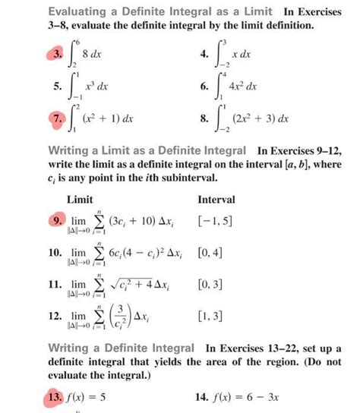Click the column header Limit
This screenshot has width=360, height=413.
pyautogui.click(x=80, y=200)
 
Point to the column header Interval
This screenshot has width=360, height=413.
pyautogui.click(x=216, y=200)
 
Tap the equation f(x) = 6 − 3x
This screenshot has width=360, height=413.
pyautogui.click(x=248, y=396)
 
